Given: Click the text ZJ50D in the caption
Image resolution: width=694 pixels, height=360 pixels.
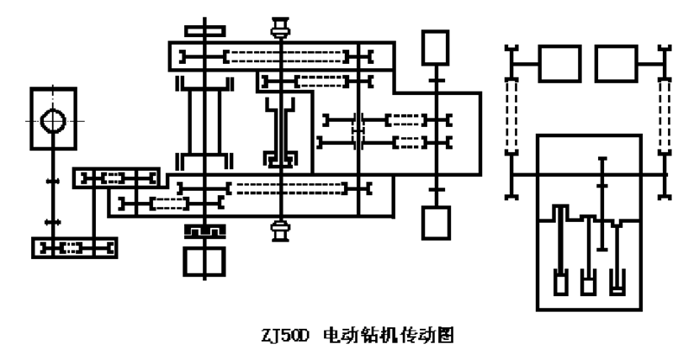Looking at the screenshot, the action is click(x=284, y=336).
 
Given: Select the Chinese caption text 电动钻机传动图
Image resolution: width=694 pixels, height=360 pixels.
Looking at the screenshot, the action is click(x=389, y=336).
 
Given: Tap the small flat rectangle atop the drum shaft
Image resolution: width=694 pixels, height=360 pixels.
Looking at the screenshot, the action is click(x=205, y=31).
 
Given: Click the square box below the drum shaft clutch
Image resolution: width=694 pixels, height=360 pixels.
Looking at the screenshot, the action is click(x=204, y=262).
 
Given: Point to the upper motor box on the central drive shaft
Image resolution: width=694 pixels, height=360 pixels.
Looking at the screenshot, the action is click(x=436, y=47).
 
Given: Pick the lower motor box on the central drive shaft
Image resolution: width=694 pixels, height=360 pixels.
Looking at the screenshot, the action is click(x=436, y=223).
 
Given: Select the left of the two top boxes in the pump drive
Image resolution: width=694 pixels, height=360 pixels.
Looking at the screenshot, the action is click(x=559, y=64).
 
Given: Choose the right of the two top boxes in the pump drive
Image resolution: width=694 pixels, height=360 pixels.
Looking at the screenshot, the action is click(x=617, y=64).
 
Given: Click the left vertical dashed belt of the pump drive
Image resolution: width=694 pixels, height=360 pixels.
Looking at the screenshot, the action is click(x=511, y=115).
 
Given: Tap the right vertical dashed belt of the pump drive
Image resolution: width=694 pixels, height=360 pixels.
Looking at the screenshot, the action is click(x=664, y=115).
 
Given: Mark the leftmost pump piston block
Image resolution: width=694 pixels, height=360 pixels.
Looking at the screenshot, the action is click(x=561, y=283).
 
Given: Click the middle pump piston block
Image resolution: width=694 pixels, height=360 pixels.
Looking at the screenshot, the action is click(x=588, y=285).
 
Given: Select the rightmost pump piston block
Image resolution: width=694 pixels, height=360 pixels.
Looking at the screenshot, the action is click(x=617, y=285).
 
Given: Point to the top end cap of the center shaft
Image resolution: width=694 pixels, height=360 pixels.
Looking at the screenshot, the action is click(x=281, y=28).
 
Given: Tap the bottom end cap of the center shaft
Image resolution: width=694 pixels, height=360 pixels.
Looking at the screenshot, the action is click(x=281, y=231).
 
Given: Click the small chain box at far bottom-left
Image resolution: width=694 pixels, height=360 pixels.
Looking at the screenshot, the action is click(x=74, y=248).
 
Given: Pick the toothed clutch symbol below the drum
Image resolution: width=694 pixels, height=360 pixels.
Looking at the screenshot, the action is click(x=205, y=230).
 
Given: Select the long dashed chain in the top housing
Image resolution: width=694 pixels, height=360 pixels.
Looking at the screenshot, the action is click(x=286, y=56).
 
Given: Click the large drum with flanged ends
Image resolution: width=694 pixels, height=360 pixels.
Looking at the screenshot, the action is click(x=204, y=123).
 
